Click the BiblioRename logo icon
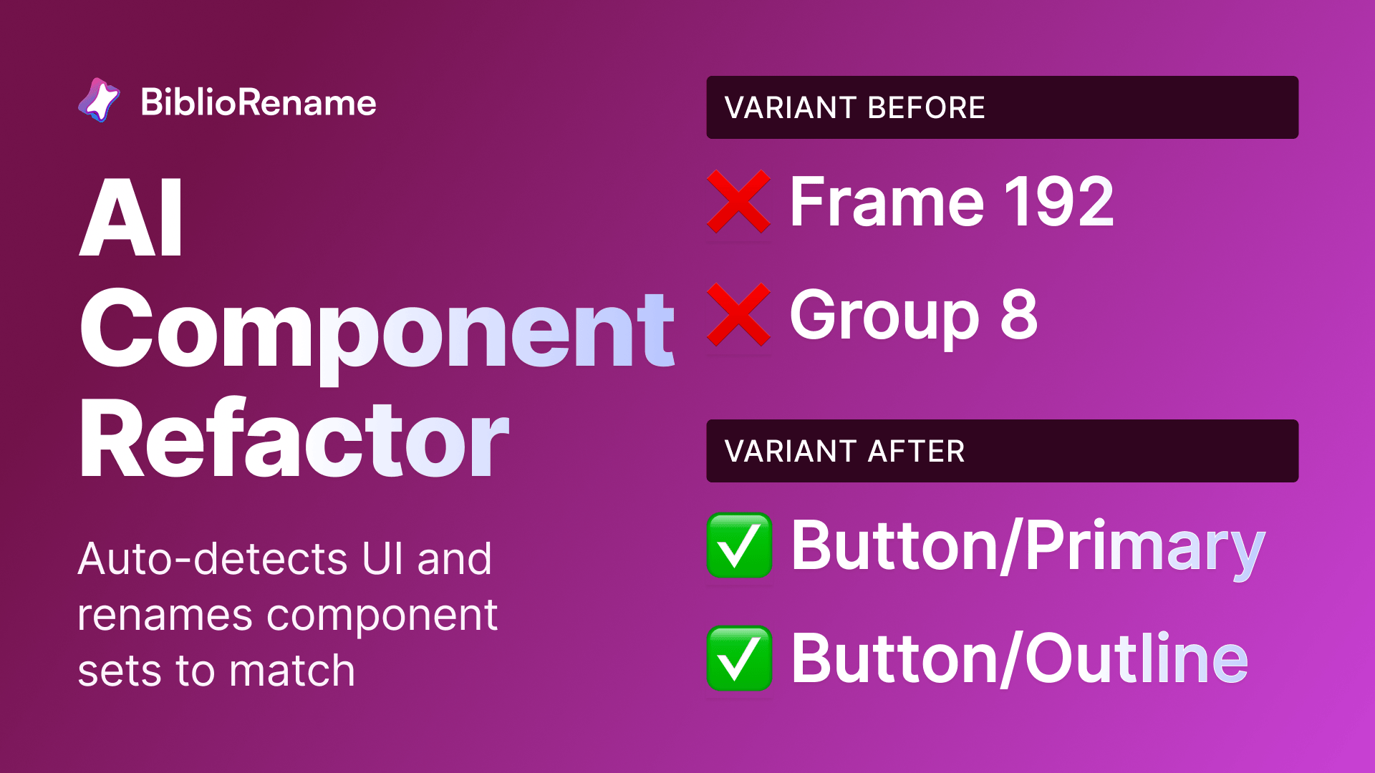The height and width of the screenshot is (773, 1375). click(x=99, y=100)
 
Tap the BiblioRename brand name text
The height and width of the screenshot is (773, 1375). click(x=259, y=102)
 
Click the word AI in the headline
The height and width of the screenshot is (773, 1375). click(x=132, y=218)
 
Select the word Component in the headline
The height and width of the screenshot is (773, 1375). click(x=377, y=330)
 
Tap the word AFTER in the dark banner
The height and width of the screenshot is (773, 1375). click(x=916, y=452)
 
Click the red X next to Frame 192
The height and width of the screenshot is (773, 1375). click(x=738, y=202)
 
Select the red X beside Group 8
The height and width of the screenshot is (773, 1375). click(x=738, y=315)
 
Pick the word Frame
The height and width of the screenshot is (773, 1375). click(x=887, y=203)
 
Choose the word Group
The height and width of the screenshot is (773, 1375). click(x=884, y=316)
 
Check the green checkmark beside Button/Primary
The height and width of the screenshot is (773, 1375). click(x=739, y=545)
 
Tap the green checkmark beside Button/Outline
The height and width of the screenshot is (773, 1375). click(x=739, y=658)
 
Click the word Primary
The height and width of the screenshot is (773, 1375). click(x=1145, y=547)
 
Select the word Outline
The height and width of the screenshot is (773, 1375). click(x=1137, y=658)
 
